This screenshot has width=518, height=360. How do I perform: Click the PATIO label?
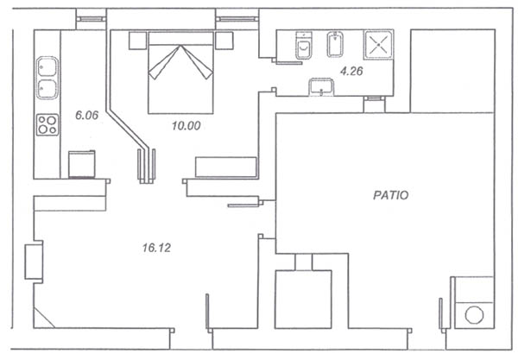[391, 195]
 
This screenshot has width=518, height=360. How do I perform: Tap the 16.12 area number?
[156, 248]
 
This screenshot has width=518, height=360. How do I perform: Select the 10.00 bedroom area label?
[186, 126]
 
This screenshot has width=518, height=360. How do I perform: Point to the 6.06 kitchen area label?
[87, 116]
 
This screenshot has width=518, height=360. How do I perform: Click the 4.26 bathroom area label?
[351, 71]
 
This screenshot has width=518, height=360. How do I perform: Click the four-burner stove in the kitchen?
[47, 124]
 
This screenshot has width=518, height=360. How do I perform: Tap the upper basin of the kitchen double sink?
[47, 67]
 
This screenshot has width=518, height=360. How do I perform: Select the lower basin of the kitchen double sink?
[47, 89]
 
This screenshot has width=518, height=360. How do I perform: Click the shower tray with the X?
[379, 45]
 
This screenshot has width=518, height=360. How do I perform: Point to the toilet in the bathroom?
[304, 45]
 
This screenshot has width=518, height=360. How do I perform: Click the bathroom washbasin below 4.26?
[321, 87]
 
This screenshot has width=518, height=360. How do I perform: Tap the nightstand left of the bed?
[137, 41]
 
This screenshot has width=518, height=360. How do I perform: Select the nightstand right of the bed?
[224, 41]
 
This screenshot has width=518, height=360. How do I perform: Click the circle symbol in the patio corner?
[474, 315]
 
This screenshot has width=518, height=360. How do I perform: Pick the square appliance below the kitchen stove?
[82, 165]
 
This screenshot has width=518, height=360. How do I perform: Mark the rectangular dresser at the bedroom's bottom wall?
[226, 167]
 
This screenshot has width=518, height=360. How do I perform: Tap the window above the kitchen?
[91, 19]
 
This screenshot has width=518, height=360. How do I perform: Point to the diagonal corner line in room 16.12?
[44, 318]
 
